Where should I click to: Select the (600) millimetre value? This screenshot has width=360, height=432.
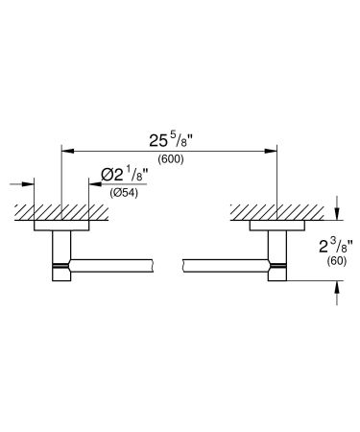click(x=171, y=160)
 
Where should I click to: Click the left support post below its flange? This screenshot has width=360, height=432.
click(x=60, y=257)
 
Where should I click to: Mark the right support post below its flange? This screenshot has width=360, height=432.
click(x=279, y=257)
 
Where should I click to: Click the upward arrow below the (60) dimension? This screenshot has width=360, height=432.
click(x=337, y=285)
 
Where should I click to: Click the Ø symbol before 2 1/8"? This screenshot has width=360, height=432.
click(x=107, y=175)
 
